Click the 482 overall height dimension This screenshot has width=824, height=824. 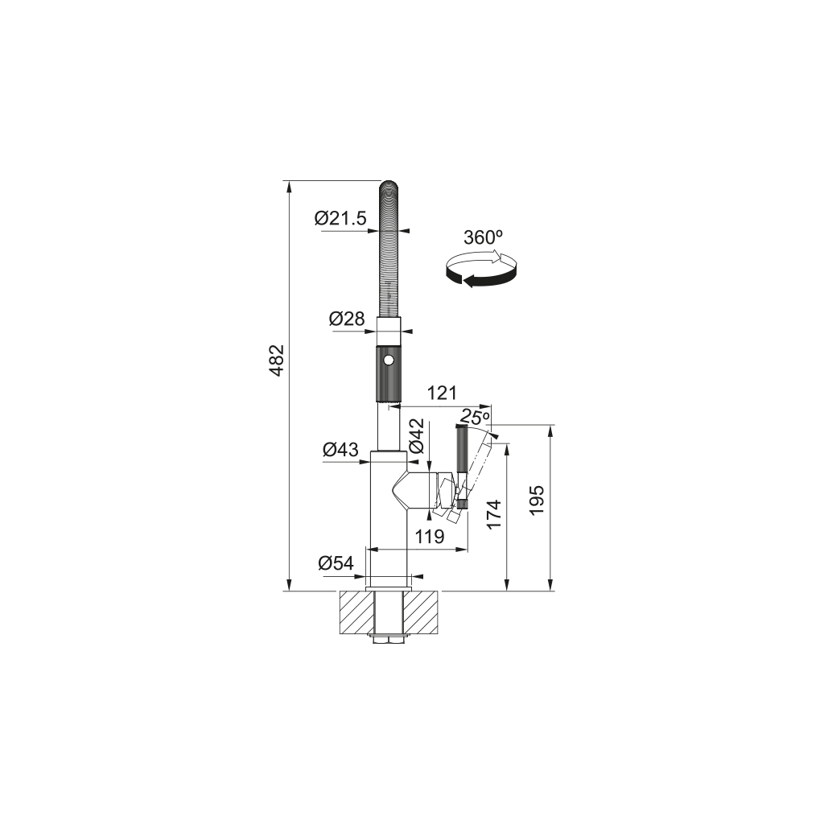pyautogui.click(x=276, y=360)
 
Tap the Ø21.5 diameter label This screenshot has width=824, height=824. pyautogui.click(x=340, y=217)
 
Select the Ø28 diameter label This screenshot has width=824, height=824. pyautogui.click(x=347, y=319)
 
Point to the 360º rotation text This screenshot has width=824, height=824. pyautogui.click(x=483, y=237)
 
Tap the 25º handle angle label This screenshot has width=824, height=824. pyautogui.click(x=475, y=418)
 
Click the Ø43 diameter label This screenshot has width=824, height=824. pyautogui.click(x=340, y=450)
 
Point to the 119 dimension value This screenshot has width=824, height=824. pyautogui.click(x=429, y=537)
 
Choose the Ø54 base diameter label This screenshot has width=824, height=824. pyautogui.click(x=336, y=563)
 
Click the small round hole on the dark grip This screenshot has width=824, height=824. pyautogui.click(x=389, y=361)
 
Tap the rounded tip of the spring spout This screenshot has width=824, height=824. pyautogui.click(x=389, y=186)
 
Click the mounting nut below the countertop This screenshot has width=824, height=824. pyautogui.click(x=389, y=640)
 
